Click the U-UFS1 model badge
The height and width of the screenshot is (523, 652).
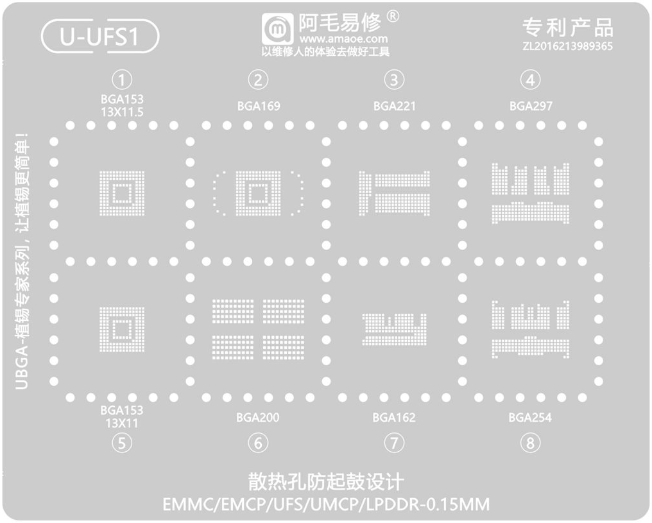pyautogui.click(x=99, y=37)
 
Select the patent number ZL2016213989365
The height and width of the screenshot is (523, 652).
pyautogui.click(x=567, y=46)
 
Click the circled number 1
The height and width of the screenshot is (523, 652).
pyautogui.click(x=122, y=80)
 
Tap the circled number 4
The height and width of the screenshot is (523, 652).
pyautogui.click(x=529, y=80)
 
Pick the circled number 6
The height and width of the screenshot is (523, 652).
pyautogui.click(x=257, y=443)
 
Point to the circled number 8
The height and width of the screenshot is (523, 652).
pyautogui.click(x=530, y=443)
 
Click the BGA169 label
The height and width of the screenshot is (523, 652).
pyautogui.click(x=259, y=106)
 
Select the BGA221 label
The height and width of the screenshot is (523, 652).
pyautogui.click(x=394, y=106)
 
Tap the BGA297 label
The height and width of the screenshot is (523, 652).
pyautogui.click(x=531, y=106)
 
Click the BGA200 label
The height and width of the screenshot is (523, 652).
pyautogui.click(x=257, y=418)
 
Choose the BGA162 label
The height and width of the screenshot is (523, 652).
pyautogui.click(x=394, y=418)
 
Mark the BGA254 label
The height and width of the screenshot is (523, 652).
pyautogui.click(x=530, y=418)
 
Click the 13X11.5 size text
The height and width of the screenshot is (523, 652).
pyautogui.click(x=122, y=112)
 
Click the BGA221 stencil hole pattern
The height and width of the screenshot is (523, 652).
pyautogui.click(x=394, y=193)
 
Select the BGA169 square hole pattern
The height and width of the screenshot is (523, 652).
pyautogui.click(x=258, y=193)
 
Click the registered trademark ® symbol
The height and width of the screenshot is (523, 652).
pyautogui.click(x=393, y=16)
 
